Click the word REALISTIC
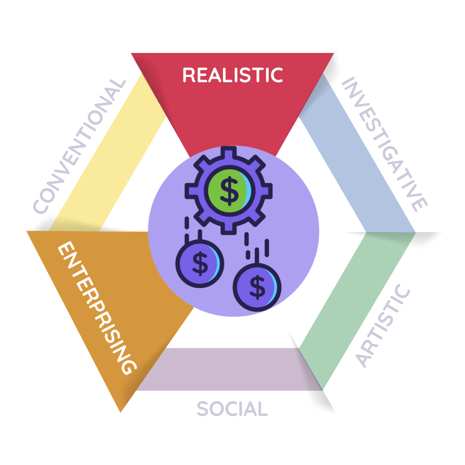pyautogui.click(x=232, y=74)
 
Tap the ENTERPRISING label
pyautogui.click(x=97, y=308)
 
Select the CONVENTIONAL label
pyautogui.click(x=80, y=146)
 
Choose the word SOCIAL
pyautogui.click(x=232, y=408)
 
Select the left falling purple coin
pyautogui.click(x=200, y=263)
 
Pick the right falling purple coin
pyautogui.click(x=257, y=287)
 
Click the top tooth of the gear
pyautogui.click(x=229, y=152)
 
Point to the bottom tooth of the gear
pyautogui.click(x=229, y=229)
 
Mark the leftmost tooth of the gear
pyautogui.click(x=190, y=191)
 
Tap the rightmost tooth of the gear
pyautogui.click(x=267, y=191)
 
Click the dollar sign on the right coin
pyautogui.click(x=257, y=287)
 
